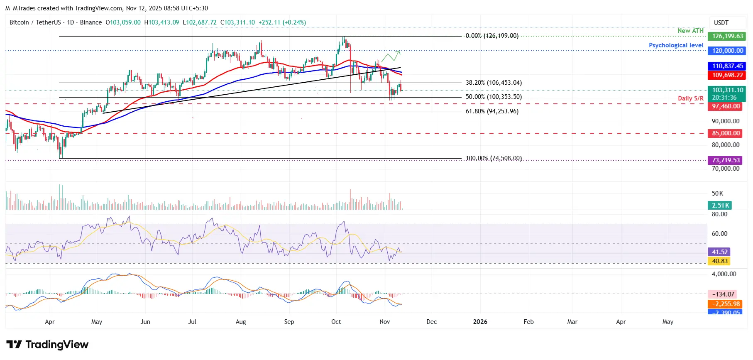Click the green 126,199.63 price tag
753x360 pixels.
pos(727,36)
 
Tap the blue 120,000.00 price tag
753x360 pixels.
pos(727,51)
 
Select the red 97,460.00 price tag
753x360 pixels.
pos(726,106)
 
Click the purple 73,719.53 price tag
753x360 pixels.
pos(726,160)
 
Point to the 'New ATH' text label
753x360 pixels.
pos(690,31)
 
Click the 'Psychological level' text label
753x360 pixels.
pos(676,45)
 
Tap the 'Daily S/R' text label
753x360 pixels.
pos(690,98)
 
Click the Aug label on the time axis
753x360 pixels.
pos(241,322)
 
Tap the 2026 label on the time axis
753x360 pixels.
pos(480,322)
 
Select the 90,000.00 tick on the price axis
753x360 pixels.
pos(725,121)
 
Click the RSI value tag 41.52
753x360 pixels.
pos(720,252)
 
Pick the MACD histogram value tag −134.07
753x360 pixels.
pos(723,294)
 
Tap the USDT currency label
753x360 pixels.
pos(721,23)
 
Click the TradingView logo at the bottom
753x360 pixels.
pos(47,345)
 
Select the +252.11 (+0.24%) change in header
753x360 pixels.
pos(282,22)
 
